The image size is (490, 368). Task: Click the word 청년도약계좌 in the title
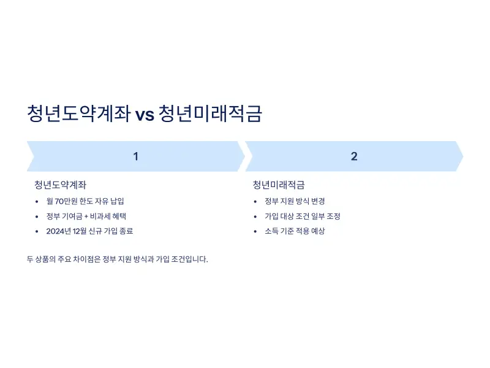click(78, 113)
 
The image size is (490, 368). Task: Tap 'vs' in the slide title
click(145, 115)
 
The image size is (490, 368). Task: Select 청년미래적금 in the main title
click(209, 113)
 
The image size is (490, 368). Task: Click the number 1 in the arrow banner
click(136, 156)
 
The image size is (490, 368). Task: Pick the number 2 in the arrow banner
click(354, 156)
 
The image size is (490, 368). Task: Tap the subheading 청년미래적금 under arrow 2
click(279, 185)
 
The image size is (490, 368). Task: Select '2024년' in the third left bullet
click(59, 231)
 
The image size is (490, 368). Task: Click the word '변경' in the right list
click(318, 201)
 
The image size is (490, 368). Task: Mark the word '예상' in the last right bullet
click(317, 231)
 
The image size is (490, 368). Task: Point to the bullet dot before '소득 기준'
click(255, 231)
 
